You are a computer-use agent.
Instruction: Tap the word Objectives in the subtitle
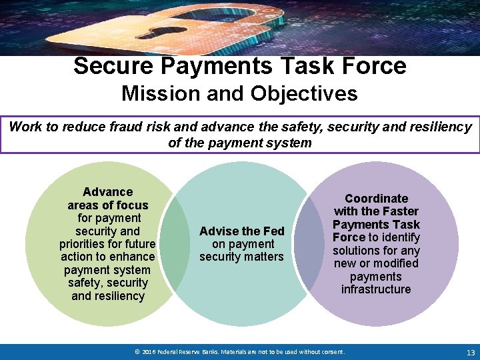click(304, 93)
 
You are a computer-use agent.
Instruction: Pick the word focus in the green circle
click(131, 205)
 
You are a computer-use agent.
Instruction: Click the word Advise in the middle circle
click(217, 231)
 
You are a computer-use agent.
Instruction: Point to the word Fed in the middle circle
click(273, 231)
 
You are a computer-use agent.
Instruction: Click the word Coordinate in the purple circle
click(376, 199)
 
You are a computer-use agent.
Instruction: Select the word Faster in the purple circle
click(397, 211)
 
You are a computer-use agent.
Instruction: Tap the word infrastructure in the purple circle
click(376, 289)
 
